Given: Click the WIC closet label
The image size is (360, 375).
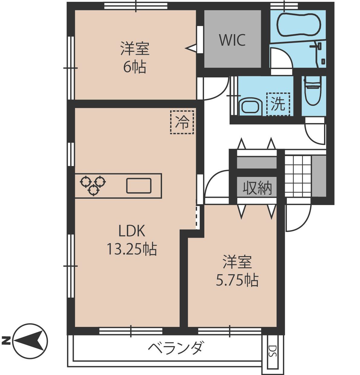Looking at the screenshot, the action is tap(232, 40).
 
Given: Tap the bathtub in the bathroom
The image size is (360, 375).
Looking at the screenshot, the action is tap(299, 24).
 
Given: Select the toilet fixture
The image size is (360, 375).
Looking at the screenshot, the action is tap(313, 90).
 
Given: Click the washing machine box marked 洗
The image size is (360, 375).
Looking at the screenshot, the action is tap(278, 104).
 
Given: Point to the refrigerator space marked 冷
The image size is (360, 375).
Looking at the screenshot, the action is tap(182, 122).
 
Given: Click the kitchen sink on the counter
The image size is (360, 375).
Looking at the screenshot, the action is tap(139, 186).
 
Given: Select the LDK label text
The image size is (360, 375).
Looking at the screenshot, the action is tap(132, 231).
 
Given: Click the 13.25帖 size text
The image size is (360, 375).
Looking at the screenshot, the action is tap(132, 249).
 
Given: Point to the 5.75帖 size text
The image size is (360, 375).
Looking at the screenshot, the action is tap(237, 280).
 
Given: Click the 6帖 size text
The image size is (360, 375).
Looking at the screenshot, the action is tap(135, 67).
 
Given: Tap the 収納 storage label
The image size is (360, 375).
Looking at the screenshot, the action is tap(257, 187).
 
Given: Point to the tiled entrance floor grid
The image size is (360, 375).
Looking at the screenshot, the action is tap(298, 176).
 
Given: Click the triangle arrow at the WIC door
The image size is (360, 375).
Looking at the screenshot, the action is tap(191, 48).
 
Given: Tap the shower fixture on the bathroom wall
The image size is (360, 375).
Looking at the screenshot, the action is tap(318, 53).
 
